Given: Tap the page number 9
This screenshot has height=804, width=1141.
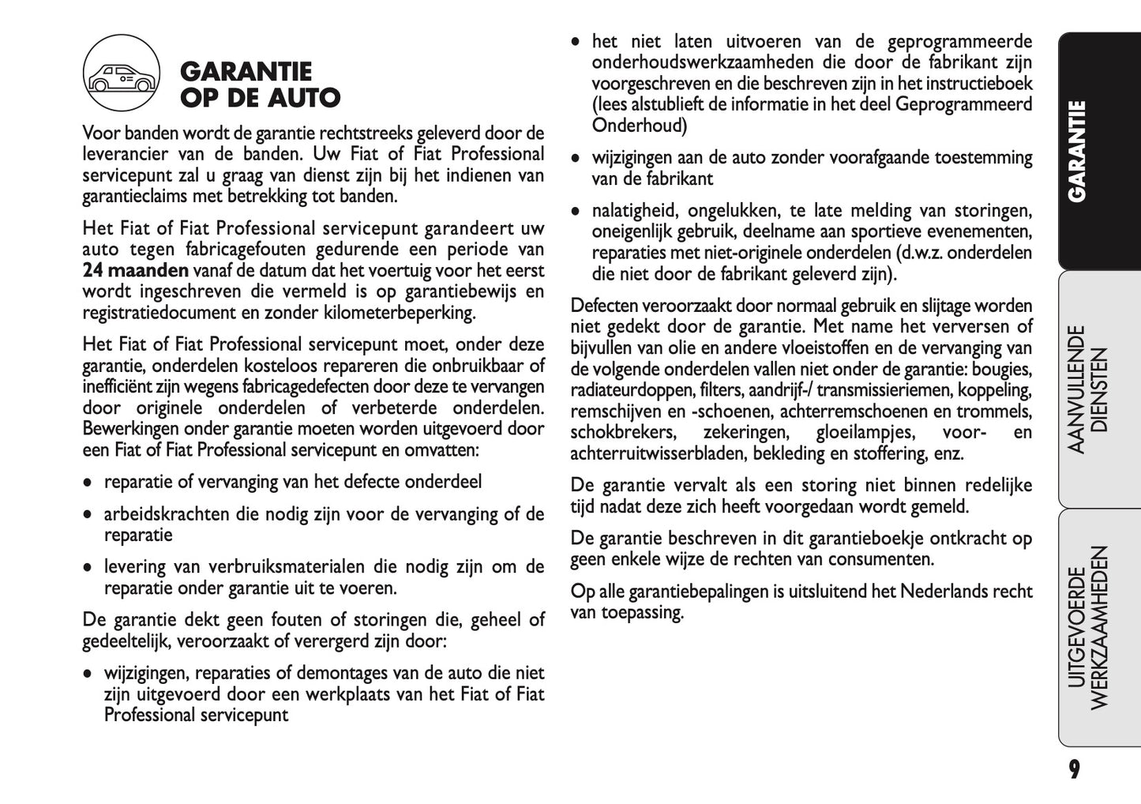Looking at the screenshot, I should [1074, 769].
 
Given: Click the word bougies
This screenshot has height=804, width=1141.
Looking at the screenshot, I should [1002, 370].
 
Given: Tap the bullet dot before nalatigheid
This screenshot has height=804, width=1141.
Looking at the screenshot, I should [576, 212].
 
